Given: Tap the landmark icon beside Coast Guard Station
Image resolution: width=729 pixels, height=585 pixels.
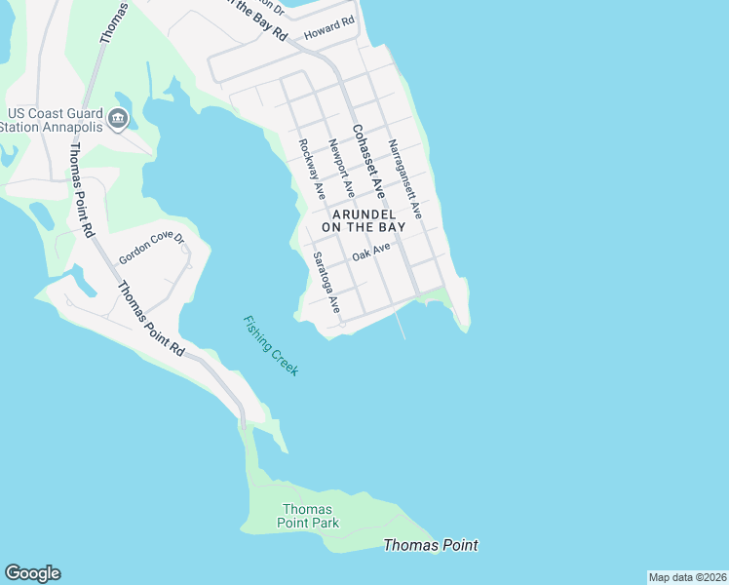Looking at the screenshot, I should click(x=118, y=120).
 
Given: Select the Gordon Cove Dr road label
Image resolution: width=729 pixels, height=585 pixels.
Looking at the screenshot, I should click(x=151, y=248).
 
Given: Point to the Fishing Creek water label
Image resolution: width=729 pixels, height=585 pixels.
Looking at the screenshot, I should click(x=271, y=346).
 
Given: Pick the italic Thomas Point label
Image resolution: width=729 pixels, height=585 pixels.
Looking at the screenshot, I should click(x=431, y=545).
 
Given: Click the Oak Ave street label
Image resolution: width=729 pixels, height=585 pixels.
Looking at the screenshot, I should click(x=371, y=252).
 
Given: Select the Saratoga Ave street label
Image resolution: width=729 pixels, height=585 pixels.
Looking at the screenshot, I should click(x=325, y=283).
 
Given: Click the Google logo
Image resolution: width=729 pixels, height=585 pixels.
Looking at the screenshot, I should click(x=32, y=573).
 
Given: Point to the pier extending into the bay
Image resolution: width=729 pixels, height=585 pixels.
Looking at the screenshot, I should click(x=401, y=326).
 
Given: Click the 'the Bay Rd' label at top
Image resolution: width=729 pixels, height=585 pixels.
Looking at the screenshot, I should click(x=258, y=19).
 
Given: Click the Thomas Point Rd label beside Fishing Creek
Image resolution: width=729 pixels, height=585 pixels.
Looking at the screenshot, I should click(x=150, y=318).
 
